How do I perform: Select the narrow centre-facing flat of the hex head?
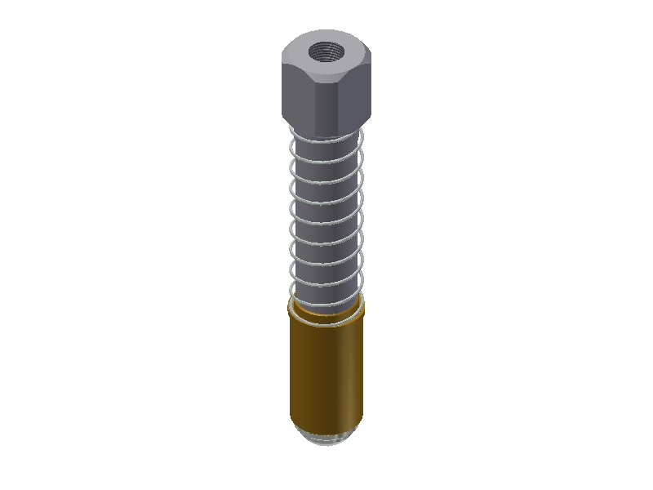(328, 102)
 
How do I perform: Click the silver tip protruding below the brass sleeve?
(326, 442)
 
